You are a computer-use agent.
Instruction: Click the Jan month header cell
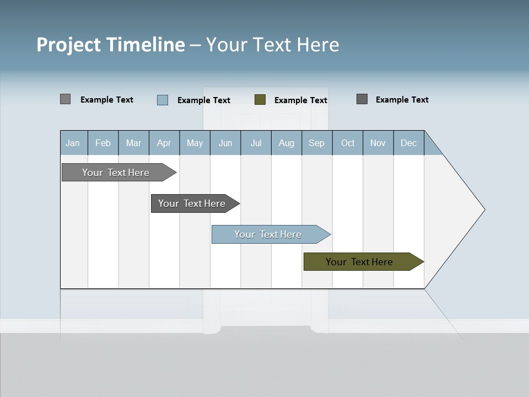[73, 143]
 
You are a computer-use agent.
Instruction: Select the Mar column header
[133, 143]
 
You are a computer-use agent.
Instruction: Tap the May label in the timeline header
[195, 143]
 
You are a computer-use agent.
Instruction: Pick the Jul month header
[256, 143]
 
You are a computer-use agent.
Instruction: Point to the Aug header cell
[286, 143]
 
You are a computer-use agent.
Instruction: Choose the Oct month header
[348, 143]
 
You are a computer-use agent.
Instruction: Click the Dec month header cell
[408, 143]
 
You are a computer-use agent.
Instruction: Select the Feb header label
[103, 143]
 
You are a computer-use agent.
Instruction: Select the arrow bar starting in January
[116, 173]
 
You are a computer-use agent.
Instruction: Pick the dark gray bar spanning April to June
[192, 203]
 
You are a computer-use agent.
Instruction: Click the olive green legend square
[260, 100]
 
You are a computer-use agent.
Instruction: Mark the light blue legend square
[163, 100]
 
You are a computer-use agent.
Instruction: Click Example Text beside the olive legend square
[300, 100]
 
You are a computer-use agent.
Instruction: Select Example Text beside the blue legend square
[203, 100]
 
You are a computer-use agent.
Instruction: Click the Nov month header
[377, 143]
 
